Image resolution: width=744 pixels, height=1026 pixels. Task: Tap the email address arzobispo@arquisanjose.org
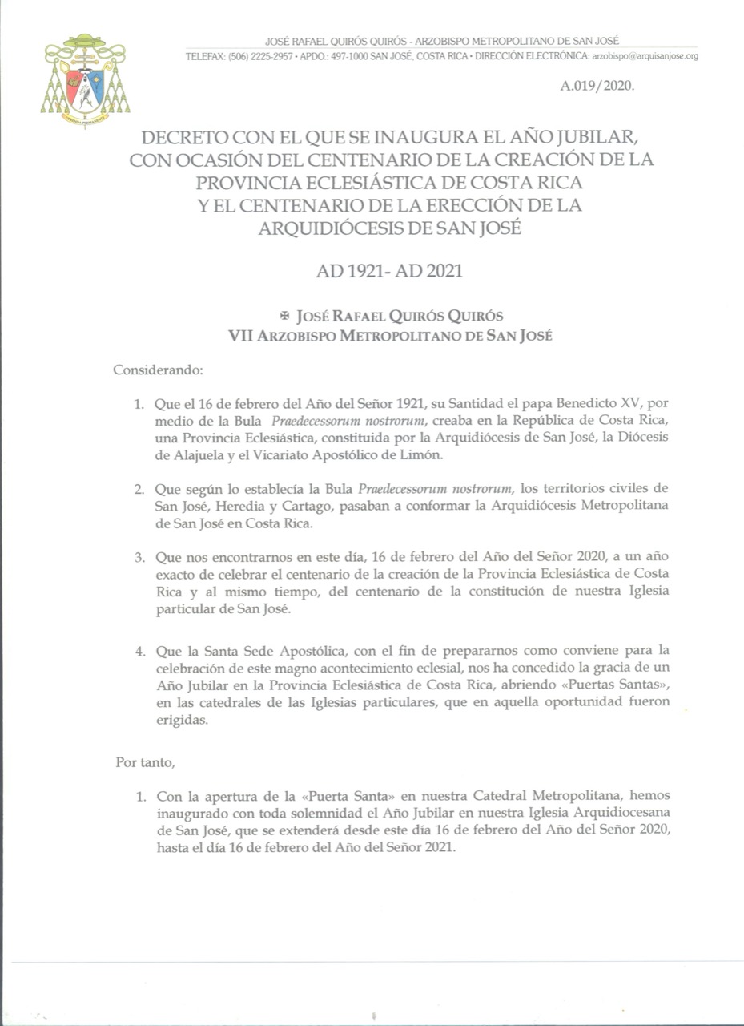(645, 56)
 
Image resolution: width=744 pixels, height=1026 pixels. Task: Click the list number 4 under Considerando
(138, 650)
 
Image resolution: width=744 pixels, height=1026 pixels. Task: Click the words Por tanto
(144, 761)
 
